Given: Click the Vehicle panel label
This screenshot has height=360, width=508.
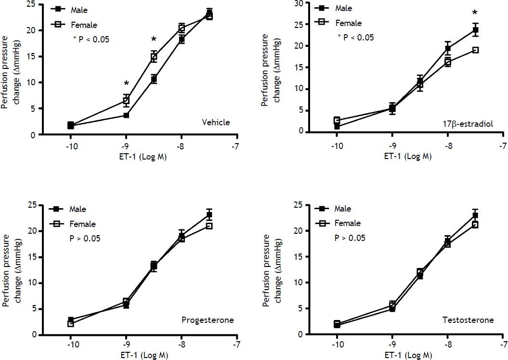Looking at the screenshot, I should [216, 122].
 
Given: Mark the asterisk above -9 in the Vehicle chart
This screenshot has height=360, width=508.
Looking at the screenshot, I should [126, 83].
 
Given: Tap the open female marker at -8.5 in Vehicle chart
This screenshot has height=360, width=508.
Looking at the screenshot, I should [154, 57].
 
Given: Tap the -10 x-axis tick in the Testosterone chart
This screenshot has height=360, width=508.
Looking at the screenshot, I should [336, 346].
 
